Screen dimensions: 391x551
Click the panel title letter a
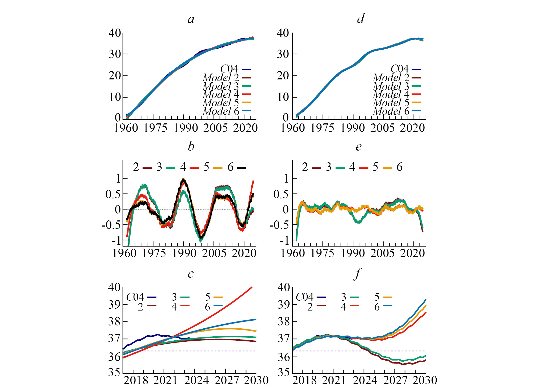click(x=191, y=19)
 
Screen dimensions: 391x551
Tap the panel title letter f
click(x=357, y=274)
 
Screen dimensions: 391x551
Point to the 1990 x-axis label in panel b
click(x=184, y=253)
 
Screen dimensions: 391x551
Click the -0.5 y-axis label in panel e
click(x=279, y=225)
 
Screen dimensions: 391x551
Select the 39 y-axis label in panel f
click(x=284, y=304)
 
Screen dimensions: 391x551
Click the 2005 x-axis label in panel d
click(x=382, y=128)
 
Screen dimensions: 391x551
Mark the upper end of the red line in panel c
click(x=252, y=287)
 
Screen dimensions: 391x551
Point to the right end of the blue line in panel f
click(x=425, y=300)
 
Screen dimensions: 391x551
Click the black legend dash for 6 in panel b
click(x=242, y=168)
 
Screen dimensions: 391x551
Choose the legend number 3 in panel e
click(x=328, y=167)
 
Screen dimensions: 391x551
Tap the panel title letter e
click(x=359, y=147)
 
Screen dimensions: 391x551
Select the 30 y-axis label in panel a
click(x=115, y=54)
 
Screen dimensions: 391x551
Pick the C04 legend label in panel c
click(x=135, y=297)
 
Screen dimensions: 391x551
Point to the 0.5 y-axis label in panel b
click(x=113, y=194)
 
